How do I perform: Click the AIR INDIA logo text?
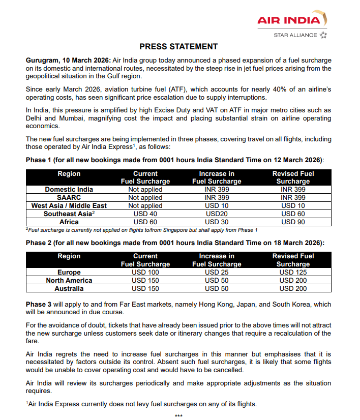[x=289, y=20]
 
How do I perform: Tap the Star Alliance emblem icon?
[x=323, y=35]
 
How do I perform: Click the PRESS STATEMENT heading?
[x=178, y=47]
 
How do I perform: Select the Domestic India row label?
[x=69, y=190]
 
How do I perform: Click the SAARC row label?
[x=69, y=198]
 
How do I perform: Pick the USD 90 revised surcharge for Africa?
[x=293, y=222]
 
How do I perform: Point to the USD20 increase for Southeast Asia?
[x=217, y=214]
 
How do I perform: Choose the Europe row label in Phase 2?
[x=69, y=273]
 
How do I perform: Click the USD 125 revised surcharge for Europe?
[x=293, y=273]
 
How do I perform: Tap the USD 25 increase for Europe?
[x=217, y=273]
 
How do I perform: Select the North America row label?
[x=69, y=281]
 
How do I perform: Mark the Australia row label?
[x=69, y=289]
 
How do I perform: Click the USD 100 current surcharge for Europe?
[x=145, y=273]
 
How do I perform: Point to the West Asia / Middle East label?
[x=69, y=206]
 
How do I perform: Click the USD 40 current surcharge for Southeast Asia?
[x=145, y=214]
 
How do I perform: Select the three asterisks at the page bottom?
[x=178, y=416]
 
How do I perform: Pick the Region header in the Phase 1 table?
[x=69, y=174]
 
